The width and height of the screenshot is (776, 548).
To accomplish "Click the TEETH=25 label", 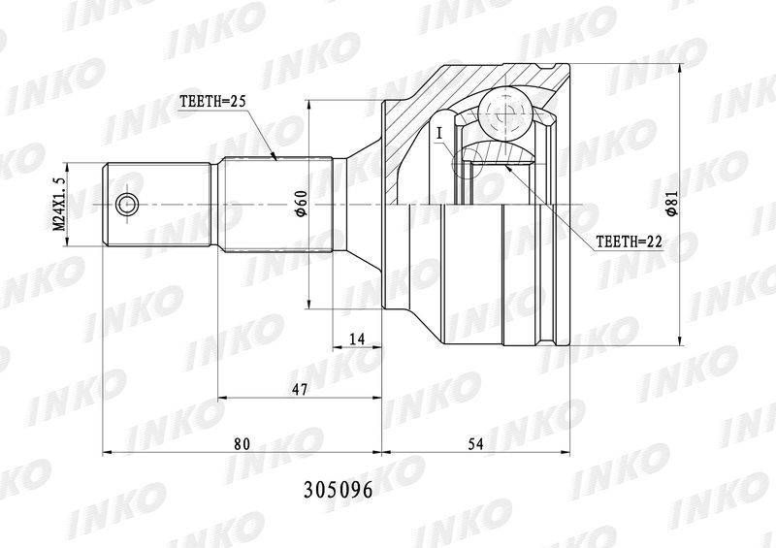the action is tap(212, 102).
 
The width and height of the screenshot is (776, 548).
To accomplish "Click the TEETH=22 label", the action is tap(629, 242).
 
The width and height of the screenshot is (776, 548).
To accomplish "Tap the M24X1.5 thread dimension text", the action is tap(59, 204).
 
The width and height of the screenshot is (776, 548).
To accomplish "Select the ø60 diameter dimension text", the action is tap(303, 203).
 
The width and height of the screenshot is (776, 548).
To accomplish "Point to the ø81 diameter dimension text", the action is tap(670, 204).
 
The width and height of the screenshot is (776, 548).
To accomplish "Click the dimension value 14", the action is tap(357, 339).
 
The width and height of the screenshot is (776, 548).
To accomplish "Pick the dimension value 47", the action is tap(300, 390).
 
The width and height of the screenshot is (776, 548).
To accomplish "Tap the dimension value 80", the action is tap(242, 444).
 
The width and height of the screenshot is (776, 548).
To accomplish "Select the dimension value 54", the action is tap(475, 444).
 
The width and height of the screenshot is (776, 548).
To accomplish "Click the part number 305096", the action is tap(338, 490).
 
